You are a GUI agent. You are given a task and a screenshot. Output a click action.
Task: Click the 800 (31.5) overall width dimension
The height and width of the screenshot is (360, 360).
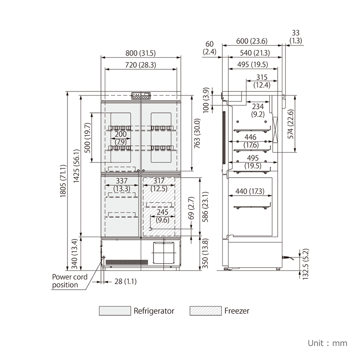(x=141, y=53)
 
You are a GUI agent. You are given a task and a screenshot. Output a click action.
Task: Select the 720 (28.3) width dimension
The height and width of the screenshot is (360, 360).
(x=141, y=65)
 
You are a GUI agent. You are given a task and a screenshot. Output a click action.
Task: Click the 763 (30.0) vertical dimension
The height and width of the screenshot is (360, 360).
(x=197, y=133)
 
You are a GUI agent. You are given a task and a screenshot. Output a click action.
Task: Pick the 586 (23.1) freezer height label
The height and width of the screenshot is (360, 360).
(x=206, y=207)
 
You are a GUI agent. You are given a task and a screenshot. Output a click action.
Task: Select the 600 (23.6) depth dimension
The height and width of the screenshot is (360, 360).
(x=252, y=41)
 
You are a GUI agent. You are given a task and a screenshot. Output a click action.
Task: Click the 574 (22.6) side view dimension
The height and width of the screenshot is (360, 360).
(x=291, y=124)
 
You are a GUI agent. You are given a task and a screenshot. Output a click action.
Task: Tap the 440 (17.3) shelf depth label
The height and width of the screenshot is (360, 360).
(x=250, y=191)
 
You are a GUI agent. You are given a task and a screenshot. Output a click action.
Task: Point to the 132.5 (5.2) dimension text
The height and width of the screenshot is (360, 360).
(x=306, y=264)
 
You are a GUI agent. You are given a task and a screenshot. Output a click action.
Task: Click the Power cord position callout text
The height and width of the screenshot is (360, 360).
(x=70, y=281)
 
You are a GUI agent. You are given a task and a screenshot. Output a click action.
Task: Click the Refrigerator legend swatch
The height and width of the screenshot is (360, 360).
(x=115, y=311)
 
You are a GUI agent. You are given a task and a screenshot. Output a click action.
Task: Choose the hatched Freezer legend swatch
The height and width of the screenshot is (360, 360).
(x=205, y=311)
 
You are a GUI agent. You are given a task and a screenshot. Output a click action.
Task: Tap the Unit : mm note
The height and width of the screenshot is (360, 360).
(x=327, y=343)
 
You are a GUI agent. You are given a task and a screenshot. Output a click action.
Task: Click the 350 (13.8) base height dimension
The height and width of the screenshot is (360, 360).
(x=206, y=253)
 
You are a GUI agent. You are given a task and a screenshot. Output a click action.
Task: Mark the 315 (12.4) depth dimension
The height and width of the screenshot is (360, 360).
(x=261, y=81)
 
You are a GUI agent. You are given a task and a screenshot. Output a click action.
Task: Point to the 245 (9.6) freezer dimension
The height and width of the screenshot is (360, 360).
(x=162, y=216)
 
